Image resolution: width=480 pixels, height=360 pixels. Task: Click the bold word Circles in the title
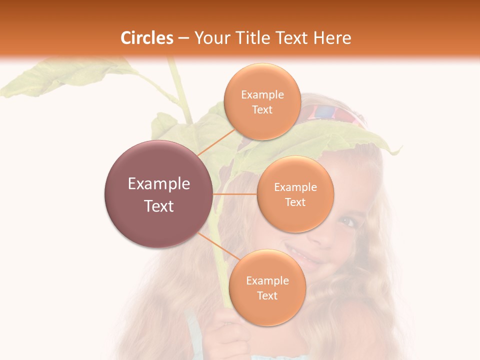147,38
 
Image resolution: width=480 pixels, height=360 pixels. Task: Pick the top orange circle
262,80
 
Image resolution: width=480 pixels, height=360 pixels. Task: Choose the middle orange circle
295,215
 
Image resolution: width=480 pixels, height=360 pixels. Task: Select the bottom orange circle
267,310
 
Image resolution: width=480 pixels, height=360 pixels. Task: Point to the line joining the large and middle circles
235,194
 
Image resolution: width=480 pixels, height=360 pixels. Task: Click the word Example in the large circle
159,184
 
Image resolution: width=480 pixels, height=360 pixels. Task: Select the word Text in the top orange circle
262,110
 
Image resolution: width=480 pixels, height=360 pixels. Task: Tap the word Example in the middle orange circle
295,187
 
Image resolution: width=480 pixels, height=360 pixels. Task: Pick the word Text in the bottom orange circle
267,296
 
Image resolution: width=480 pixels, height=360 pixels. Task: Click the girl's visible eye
349,221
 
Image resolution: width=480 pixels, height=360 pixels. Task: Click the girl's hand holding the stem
227,335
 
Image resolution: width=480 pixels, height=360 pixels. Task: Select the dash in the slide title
183,38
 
